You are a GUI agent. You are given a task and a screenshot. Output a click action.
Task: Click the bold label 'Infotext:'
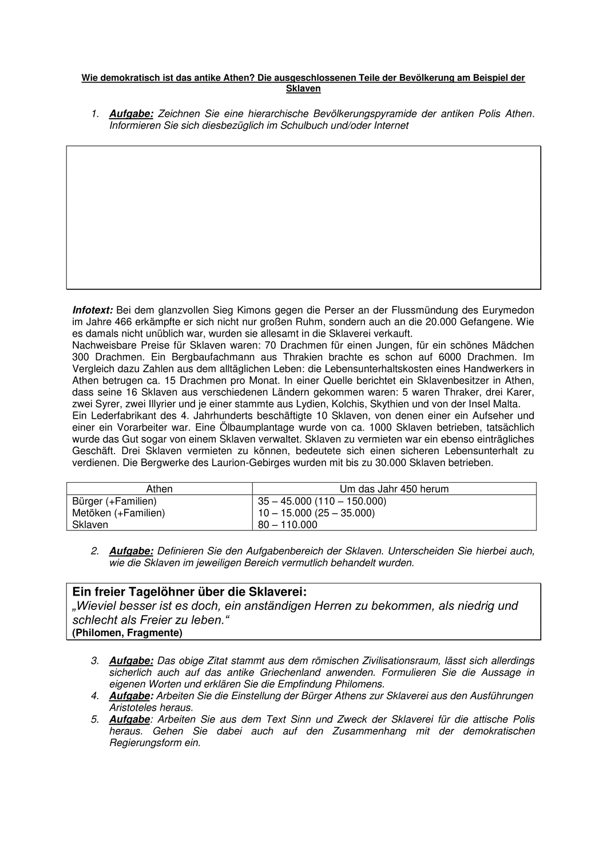(x=93, y=310)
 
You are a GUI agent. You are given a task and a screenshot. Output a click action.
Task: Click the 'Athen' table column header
(x=160, y=488)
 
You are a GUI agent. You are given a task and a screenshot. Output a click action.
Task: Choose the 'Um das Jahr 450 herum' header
(x=394, y=488)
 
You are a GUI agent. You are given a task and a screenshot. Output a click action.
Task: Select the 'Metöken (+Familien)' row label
(x=118, y=513)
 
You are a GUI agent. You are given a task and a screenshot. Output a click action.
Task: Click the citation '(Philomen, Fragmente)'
(x=128, y=633)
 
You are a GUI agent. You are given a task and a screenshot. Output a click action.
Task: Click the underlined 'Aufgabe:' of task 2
(x=131, y=551)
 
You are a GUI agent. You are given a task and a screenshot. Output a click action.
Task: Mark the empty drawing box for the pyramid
(x=304, y=217)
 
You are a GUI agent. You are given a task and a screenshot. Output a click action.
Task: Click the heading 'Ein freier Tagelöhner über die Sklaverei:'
(x=189, y=592)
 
